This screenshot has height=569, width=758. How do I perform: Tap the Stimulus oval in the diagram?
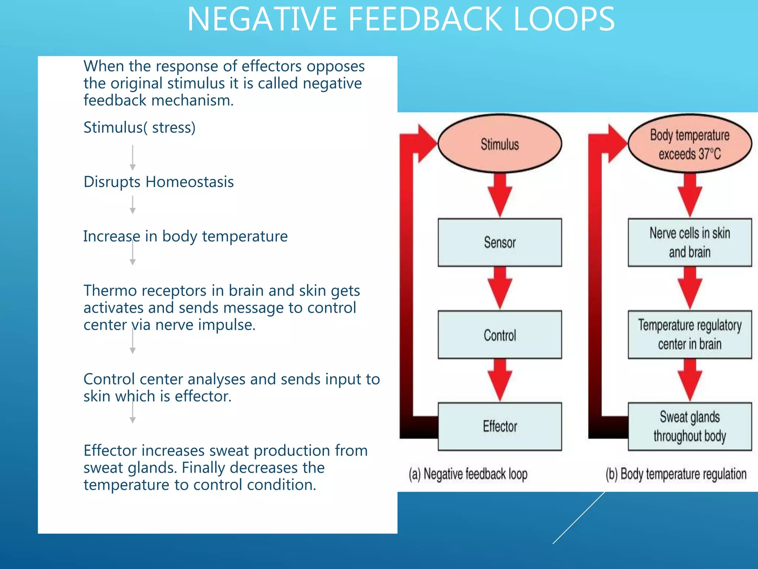pyautogui.click(x=500, y=144)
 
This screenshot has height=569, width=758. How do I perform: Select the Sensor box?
pyautogui.click(x=500, y=243)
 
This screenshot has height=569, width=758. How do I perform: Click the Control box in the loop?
pyautogui.click(x=500, y=335)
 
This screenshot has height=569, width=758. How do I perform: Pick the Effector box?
pyautogui.click(x=500, y=426)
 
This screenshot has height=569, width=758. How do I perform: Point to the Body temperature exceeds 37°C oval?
pyautogui.click(x=690, y=144)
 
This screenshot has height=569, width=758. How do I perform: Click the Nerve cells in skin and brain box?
pyautogui.click(x=690, y=243)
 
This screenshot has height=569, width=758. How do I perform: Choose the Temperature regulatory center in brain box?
pyautogui.click(x=690, y=335)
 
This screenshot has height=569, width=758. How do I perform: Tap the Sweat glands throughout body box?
pyautogui.click(x=690, y=426)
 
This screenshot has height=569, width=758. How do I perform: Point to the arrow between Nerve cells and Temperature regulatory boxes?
pyautogui.click(x=690, y=288)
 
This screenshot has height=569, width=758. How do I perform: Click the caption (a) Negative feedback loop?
pyautogui.click(x=468, y=474)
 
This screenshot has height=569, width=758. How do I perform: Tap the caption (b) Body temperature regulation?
pyautogui.click(x=676, y=474)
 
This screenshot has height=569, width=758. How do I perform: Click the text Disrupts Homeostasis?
pyautogui.click(x=158, y=182)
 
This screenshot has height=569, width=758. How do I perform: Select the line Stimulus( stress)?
pyautogui.click(x=139, y=127)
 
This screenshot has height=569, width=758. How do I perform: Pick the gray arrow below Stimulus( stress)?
pyautogui.click(x=133, y=157)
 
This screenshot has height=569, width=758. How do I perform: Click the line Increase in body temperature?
pyautogui.click(x=185, y=236)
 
